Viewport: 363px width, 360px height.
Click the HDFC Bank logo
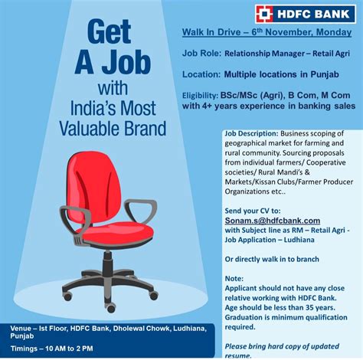pos(304,12)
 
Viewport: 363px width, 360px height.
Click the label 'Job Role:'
pos(201,54)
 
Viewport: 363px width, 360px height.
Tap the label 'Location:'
pos(202,75)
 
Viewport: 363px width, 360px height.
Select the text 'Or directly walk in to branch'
pos(273,259)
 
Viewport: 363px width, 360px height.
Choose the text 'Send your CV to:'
pos(255,209)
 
